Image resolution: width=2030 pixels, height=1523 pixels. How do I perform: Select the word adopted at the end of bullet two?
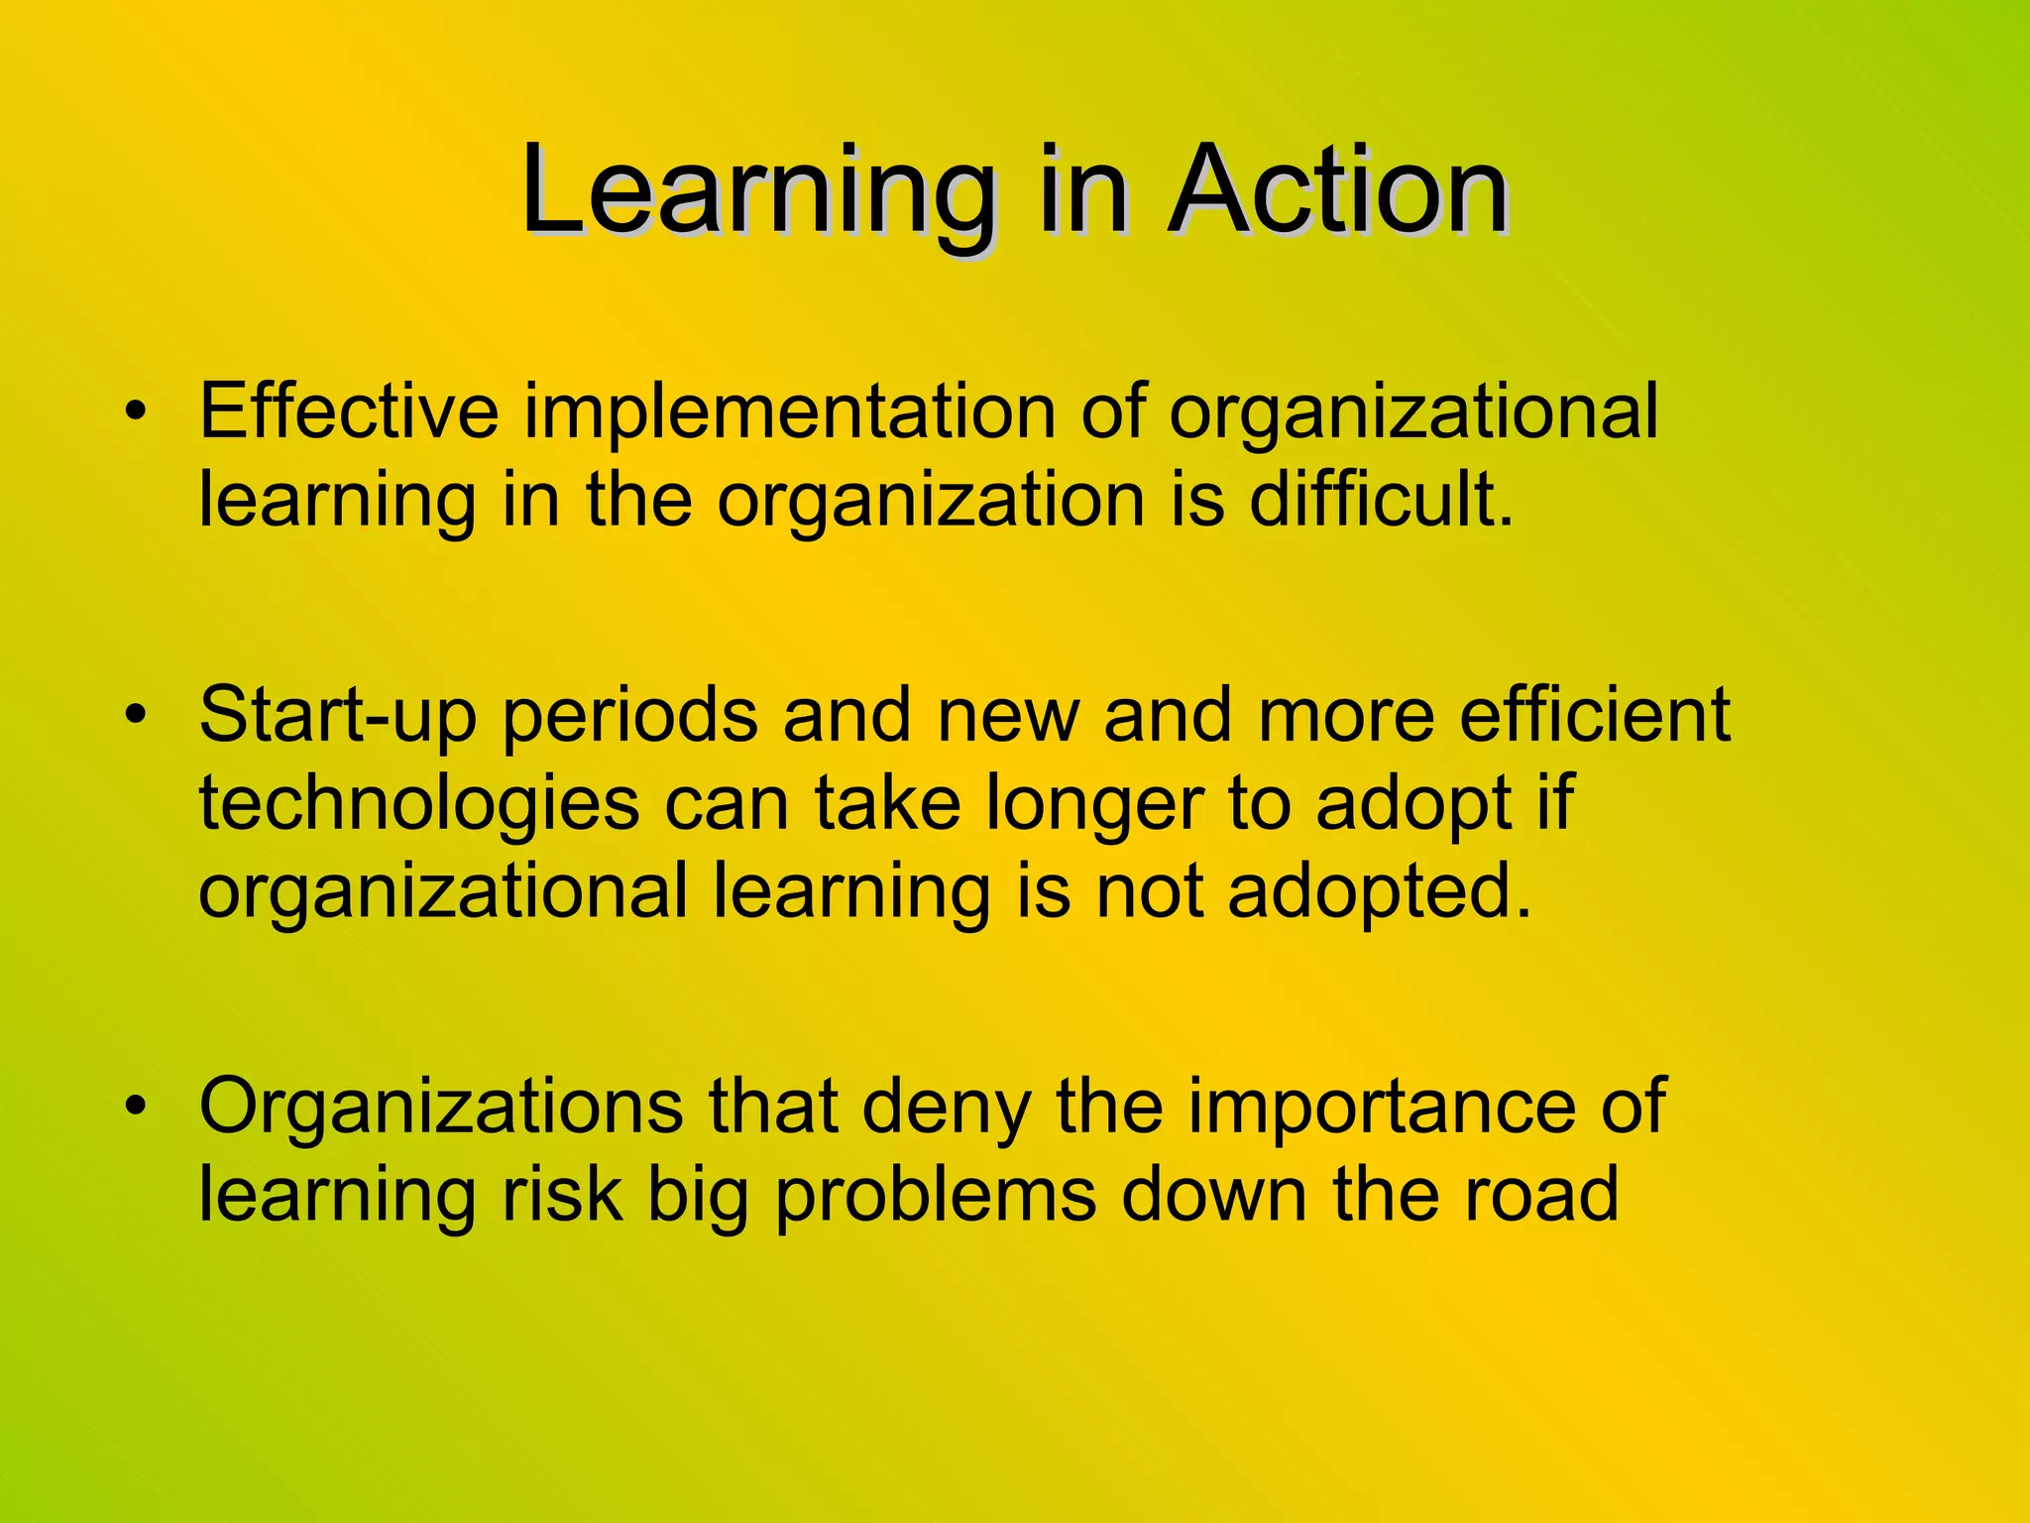[x=1379, y=893]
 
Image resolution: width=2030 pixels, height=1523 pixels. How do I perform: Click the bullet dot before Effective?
[x=136, y=410]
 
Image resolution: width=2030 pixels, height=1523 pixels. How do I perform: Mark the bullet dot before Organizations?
[x=136, y=1106]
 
